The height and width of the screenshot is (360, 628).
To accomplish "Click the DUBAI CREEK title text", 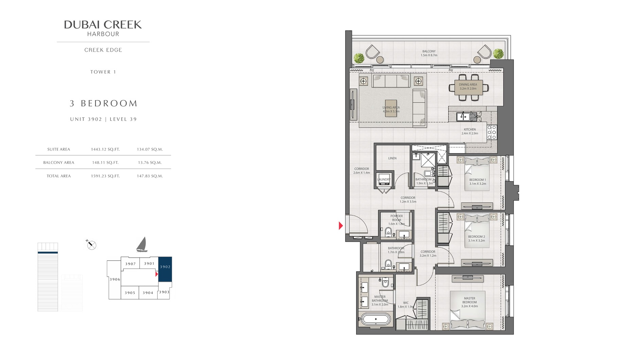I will point(103,24).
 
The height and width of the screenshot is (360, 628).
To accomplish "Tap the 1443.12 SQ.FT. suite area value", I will point(105,149).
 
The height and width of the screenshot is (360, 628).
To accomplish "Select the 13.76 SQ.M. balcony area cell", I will point(150,162).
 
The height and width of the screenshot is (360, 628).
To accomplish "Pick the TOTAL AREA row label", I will point(59,176).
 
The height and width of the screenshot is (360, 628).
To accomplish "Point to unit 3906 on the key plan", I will point(115,279).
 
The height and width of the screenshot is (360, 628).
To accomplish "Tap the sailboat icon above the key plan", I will point(142,245).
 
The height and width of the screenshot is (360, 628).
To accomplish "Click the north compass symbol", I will point(91,244).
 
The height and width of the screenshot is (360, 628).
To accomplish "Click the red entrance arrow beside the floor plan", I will point(341,225).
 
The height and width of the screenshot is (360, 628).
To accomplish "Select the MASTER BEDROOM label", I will point(469,302).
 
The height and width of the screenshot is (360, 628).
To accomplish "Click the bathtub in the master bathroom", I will point(376,319).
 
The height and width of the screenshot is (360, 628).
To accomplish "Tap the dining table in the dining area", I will point(468,88).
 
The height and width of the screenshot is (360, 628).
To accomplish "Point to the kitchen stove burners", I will point(491,132).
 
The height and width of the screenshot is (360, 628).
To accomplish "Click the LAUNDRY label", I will point(384,179).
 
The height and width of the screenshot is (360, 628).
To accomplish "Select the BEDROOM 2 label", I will point(476,238).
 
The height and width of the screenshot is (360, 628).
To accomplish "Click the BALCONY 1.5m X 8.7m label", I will point(429,53).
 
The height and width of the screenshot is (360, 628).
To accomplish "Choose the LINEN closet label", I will point(392,158).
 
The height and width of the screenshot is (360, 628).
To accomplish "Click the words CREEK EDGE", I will point(103,50).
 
